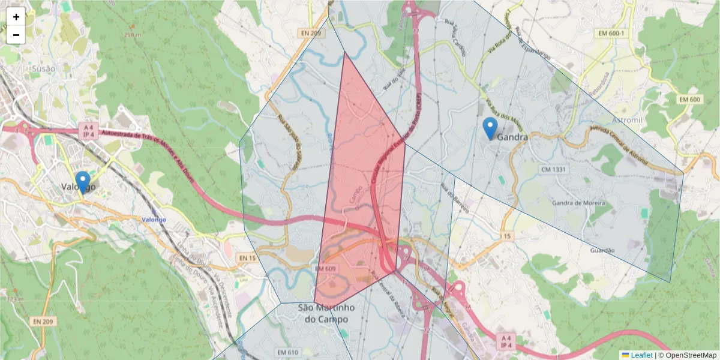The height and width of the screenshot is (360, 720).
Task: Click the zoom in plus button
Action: coord(16,17)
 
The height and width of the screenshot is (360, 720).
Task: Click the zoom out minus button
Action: coord(16,35)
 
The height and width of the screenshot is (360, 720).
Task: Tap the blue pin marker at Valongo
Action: coord(83,181)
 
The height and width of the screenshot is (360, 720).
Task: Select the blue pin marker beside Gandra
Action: coord(490,128)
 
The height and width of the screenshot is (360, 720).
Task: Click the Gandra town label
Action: coord(512,137)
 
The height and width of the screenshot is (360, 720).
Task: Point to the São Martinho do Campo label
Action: coord(326,313)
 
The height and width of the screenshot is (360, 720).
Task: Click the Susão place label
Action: coord(44,68)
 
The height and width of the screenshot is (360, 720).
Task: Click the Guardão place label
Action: coord(603,250)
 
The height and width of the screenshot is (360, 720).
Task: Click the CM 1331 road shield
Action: coord(554,170)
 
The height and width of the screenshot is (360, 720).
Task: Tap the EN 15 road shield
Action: coord(247,258)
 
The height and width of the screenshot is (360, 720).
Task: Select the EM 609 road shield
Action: coord(325,269)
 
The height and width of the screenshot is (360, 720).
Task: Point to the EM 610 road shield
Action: coord(288,352)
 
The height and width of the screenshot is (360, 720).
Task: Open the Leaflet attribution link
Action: coord(641,355)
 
